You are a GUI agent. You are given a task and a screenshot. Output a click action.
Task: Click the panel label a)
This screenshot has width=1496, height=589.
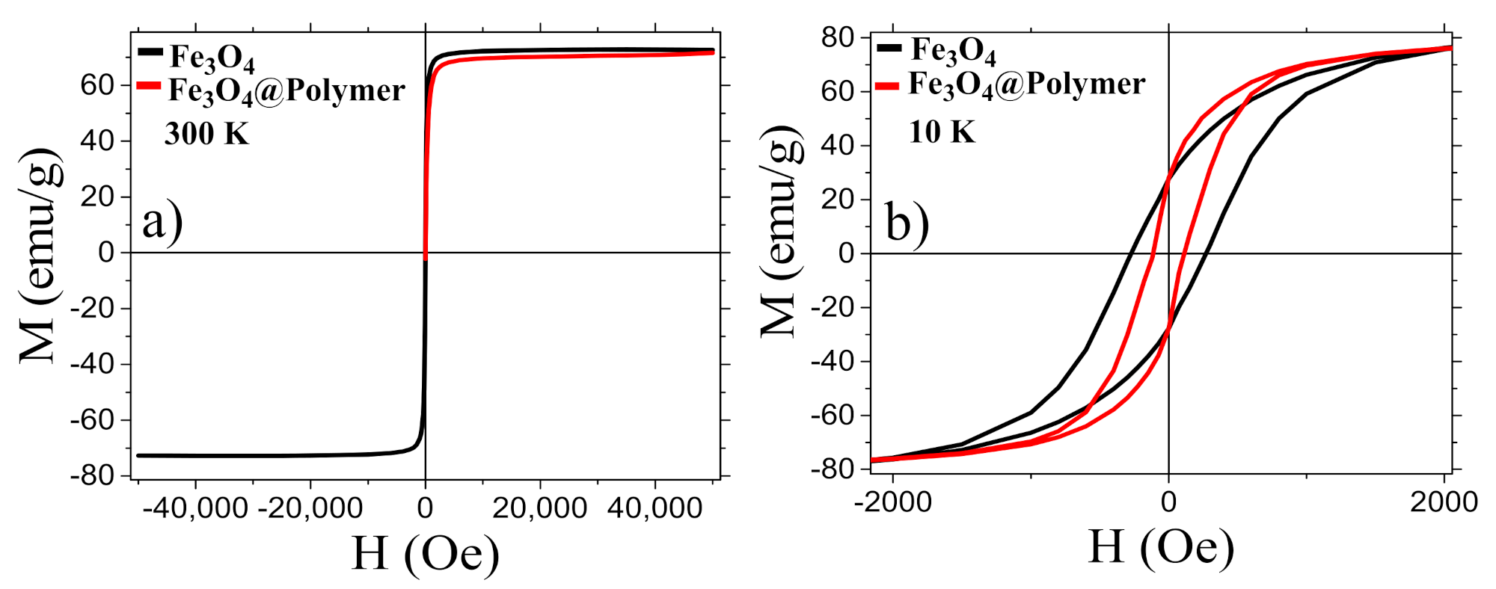162,223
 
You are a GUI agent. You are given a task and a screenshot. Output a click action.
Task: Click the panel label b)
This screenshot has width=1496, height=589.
907,223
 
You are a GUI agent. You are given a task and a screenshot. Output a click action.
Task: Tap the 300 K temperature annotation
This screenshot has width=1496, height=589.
206,134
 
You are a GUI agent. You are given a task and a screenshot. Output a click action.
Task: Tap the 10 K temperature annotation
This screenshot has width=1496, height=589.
942,132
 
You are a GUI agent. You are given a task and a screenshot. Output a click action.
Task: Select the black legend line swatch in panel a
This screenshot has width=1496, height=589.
150,52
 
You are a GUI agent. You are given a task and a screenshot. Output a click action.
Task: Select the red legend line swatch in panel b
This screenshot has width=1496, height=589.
887,86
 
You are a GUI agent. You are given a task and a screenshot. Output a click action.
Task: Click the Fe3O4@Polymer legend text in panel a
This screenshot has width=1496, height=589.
286,91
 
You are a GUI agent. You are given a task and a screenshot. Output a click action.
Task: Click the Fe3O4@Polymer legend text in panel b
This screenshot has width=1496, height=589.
1026,84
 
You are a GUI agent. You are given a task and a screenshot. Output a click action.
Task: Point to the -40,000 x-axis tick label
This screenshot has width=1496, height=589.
195,508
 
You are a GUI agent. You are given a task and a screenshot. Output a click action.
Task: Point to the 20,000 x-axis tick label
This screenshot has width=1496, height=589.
539,508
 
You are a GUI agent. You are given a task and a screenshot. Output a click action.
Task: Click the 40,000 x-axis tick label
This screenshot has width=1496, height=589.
654,508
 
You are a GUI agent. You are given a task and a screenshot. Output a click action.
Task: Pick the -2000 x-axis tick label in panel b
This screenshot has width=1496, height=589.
892,502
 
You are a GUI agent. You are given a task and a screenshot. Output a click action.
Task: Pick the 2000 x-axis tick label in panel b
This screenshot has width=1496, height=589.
1444,502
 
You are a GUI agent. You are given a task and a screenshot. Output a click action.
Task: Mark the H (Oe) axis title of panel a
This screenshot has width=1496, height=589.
425,554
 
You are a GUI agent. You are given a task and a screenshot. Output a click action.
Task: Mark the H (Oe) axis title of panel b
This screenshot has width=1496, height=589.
1160,547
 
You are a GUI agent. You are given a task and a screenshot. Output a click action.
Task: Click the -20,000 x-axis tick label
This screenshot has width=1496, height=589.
310,508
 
